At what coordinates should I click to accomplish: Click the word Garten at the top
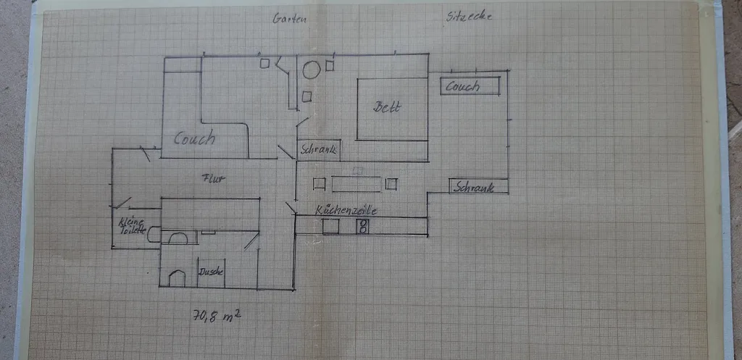(290, 19)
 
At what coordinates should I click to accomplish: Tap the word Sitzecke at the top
(470, 16)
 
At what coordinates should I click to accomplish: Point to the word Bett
(387, 107)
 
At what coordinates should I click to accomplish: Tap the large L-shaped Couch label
(195, 138)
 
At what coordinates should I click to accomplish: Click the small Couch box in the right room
(470, 86)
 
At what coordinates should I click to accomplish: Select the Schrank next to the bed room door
(318, 150)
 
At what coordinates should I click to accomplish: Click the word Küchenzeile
(346, 210)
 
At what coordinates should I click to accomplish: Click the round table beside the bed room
(312, 70)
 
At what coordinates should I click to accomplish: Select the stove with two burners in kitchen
(363, 227)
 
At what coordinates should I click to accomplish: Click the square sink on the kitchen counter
(330, 227)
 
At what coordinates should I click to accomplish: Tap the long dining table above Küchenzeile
(357, 183)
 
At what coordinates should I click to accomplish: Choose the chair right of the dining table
(392, 183)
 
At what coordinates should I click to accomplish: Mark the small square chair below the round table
(307, 96)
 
